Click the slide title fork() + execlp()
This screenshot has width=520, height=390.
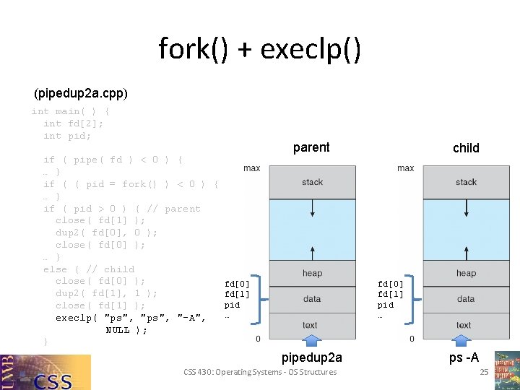click(x=259, y=50)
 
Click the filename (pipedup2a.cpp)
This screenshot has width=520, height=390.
click(x=81, y=94)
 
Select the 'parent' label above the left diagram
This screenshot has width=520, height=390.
click(x=311, y=147)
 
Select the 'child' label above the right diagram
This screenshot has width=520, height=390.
click(x=466, y=148)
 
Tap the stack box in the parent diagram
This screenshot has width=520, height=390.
click(x=312, y=182)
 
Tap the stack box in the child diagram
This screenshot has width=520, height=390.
click(x=466, y=182)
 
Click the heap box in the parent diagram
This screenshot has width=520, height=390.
click(x=312, y=273)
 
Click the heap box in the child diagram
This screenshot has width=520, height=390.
click(x=466, y=273)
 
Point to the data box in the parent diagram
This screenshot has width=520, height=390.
click(x=312, y=298)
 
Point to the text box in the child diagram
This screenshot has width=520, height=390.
click(x=464, y=325)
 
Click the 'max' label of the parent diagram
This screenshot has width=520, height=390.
click(x=252, y=168)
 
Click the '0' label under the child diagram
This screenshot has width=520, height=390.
click(x=412, y=339)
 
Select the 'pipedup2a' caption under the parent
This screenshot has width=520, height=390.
click(x=312, y=357)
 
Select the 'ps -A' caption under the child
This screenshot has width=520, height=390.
click(x=464, y=357)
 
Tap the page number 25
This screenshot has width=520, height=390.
click(x=485, y=372)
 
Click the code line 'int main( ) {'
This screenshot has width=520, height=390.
click(x=71, y=111)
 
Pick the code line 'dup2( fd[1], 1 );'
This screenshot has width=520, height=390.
click(x=106, y=293)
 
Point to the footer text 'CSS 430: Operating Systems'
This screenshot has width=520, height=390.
click(x=260, y=372)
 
